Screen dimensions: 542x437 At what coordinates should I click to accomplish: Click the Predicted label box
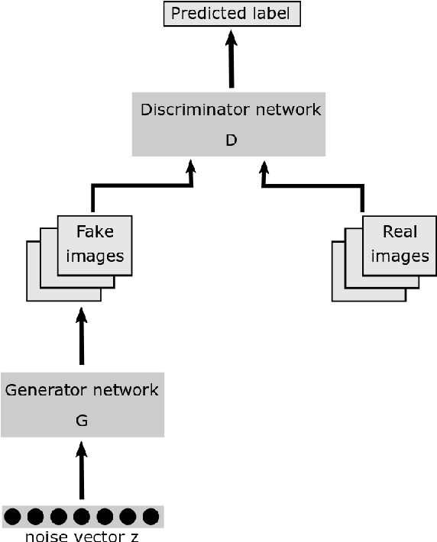232,14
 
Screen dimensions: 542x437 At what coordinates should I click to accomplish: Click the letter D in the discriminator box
231,140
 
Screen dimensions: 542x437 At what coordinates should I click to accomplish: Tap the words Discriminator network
231,110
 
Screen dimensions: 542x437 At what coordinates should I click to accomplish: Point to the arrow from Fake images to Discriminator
142,185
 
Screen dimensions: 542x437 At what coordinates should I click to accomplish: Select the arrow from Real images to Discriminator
313,185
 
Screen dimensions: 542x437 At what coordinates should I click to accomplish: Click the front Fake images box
95,244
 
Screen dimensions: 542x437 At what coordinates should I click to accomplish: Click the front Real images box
400,244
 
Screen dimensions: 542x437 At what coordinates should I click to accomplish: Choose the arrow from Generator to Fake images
82,336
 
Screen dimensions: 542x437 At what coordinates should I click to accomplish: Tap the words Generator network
82,390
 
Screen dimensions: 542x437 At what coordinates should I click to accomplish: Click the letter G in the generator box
82,421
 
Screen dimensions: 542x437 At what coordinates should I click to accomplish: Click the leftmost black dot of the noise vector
12,517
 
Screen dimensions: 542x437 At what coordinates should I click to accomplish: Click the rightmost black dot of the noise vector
151,517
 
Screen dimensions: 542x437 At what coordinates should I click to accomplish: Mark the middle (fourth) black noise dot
82,517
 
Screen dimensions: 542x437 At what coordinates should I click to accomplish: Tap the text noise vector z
82,536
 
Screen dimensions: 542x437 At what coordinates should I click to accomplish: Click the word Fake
95,232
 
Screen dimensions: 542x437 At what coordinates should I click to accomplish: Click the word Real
400,232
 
